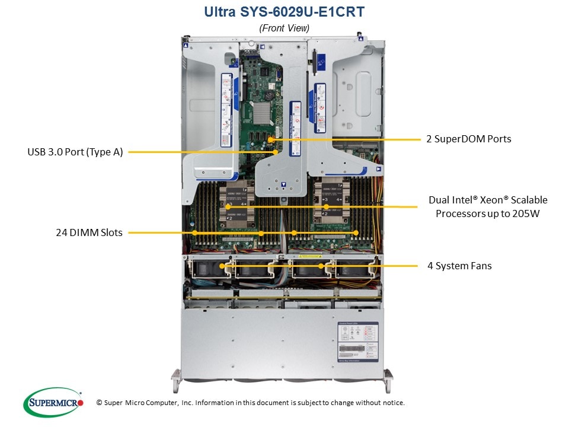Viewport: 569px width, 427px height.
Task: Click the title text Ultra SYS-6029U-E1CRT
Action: click(x=284, y=11)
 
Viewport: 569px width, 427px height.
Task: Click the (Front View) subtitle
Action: click(x=284, y=28)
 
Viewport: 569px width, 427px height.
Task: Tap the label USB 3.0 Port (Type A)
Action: click(x=75, y=152)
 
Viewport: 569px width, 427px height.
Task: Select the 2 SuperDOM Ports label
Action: click(x=468, y=139)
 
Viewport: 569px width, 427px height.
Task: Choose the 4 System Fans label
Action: click(x=459, y=266)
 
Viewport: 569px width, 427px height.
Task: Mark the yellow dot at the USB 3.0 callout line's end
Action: click(x=276, y=152)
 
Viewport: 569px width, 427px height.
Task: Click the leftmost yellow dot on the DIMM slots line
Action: click(x=194, y=232)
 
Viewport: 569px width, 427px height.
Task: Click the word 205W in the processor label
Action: click(x=528, y=213)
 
